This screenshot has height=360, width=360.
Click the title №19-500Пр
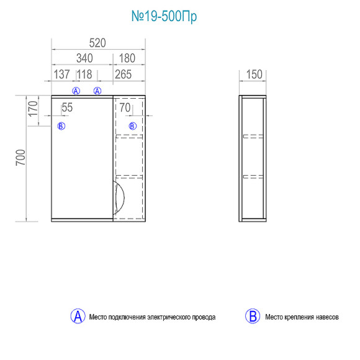point(164,16)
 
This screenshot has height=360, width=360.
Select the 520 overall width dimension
point(97,43)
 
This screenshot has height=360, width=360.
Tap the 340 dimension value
point(84,58)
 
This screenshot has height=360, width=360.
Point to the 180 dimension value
point(127,58)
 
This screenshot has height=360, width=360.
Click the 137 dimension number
point(61,74)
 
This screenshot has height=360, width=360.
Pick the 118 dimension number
point(84,74)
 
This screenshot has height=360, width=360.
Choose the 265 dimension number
point(124,74)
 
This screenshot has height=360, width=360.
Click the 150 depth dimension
point(254,74)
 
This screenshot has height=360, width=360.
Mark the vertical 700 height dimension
point(20,158)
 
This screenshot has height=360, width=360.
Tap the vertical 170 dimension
point(33,109)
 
